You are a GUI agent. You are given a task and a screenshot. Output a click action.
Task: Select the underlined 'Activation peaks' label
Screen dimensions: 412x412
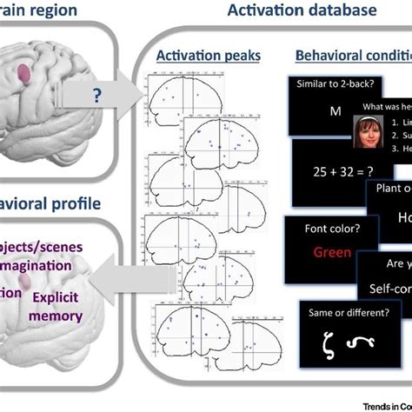(x=196, y=56)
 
